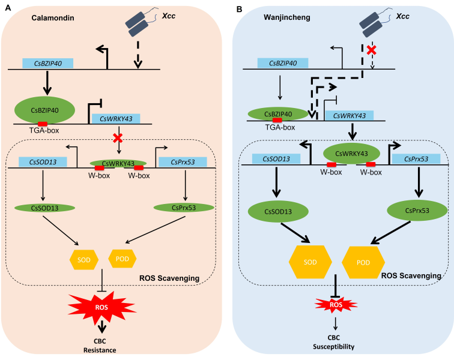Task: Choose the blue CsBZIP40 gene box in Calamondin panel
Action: pyautogui.click(x=47, y=63)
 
